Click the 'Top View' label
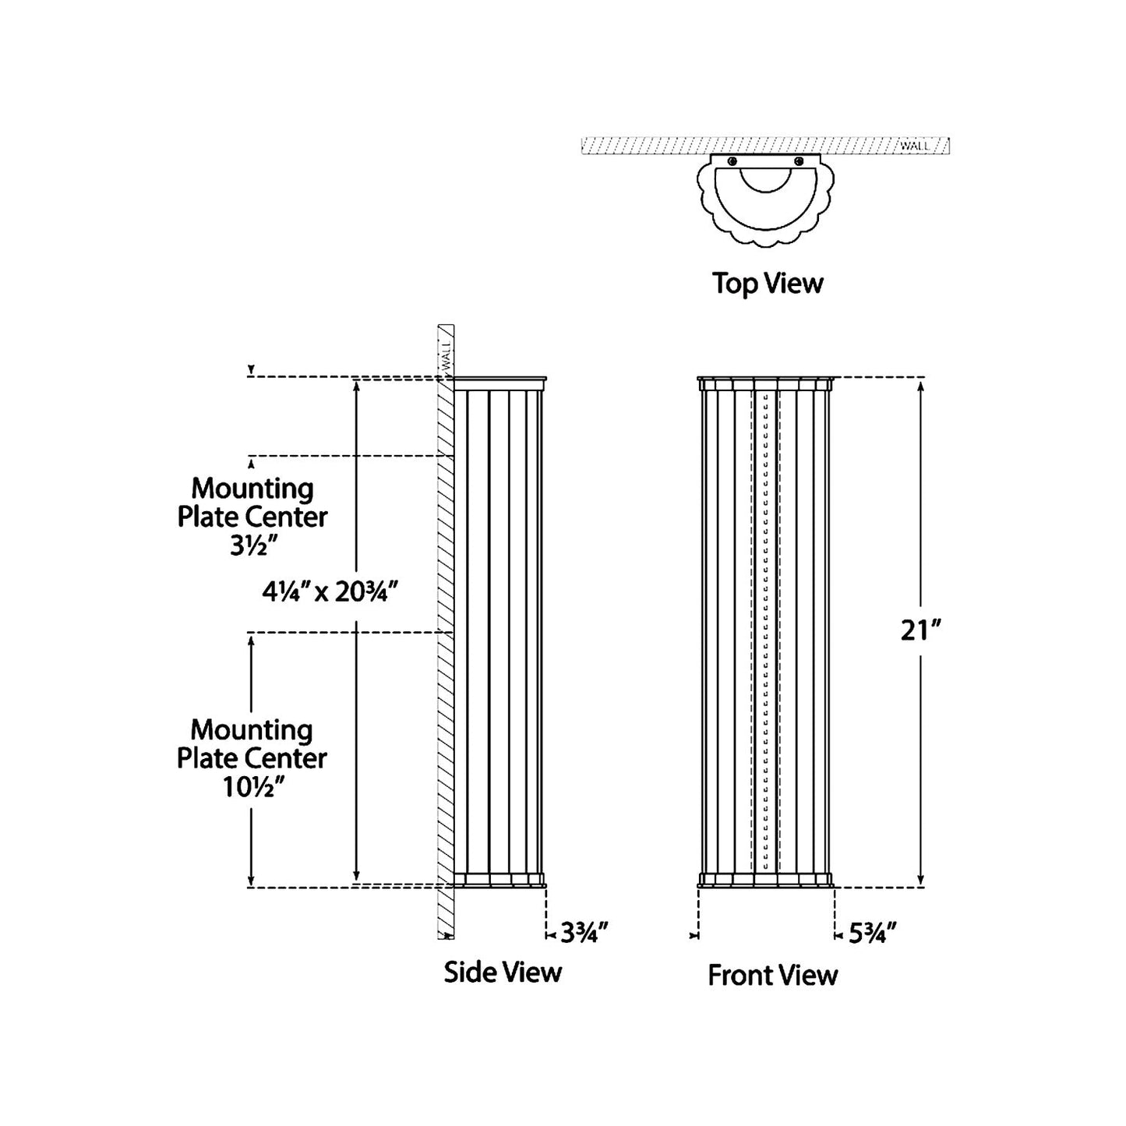click(x=767, y=283)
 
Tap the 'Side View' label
click(x=503, y=972)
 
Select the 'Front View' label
click(x=772, y=975)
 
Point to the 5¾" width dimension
click(x=872, y=932)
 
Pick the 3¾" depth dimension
click(x=584, y=932)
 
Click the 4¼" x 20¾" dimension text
click(x=330, y=593)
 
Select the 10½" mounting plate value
click(x=252, y=788)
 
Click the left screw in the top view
click(x=732, y=161)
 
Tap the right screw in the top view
click(x=799, y=161)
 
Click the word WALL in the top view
click(x=914, y=146)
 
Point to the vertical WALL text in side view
click(x=447, y=355)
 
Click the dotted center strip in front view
click(x=766, y=631)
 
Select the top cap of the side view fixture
click(x=499, y=383)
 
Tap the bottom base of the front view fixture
click(x=766, y=880)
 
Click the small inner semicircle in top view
click(x=766, y=178)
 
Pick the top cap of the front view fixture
click(x=766, y=383)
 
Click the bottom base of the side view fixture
click(x=499, y=880)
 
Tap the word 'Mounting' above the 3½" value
click(x=252, y=489)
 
